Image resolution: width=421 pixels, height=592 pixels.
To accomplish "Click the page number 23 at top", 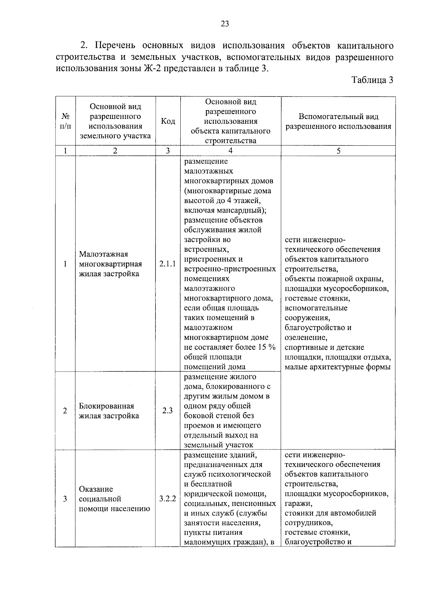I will tap(225, 24).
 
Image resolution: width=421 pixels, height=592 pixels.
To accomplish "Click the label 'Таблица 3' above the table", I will tap(372, 80).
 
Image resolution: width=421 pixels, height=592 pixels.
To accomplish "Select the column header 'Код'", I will tap(168, 121).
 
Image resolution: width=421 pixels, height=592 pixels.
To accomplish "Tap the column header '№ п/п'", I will tap(65, 121).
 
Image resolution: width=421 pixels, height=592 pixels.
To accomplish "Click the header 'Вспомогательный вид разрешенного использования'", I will tap(338, 121).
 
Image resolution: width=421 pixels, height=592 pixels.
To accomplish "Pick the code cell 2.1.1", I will tap(168, 264).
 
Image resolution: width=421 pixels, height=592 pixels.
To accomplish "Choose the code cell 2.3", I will tap(168, 410).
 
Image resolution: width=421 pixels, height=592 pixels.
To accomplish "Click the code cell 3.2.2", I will tap(168, 499).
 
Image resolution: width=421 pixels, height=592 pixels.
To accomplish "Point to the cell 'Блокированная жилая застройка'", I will tap(109, 411).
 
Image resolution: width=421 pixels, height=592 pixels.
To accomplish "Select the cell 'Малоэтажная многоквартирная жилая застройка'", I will tap(111, 264).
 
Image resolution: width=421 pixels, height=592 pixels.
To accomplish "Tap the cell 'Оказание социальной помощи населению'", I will tap(114, 499).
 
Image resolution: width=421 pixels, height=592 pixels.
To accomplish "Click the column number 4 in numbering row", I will tap(230, 151).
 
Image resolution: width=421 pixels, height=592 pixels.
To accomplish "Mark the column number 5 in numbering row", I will tap(338, 151).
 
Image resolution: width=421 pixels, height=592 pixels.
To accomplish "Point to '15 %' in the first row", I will tap(267, 347).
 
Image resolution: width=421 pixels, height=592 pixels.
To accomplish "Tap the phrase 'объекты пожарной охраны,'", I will tap(334, 279).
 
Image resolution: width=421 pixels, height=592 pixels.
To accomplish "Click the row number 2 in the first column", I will tap(65, 410).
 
